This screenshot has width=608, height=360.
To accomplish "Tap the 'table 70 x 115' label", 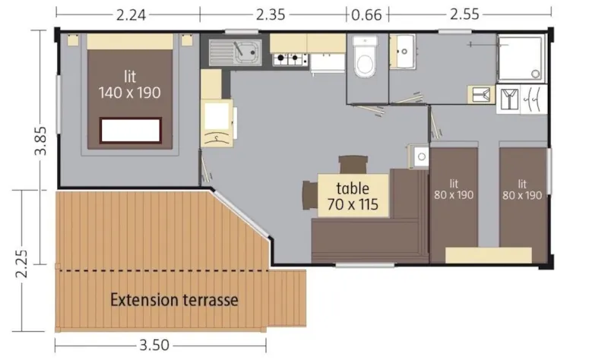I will [353, 196].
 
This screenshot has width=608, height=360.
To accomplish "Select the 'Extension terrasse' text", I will [174, 300].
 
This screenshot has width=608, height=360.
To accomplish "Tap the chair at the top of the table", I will [352, 164].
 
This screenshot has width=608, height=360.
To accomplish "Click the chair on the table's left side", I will [308, 194].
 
